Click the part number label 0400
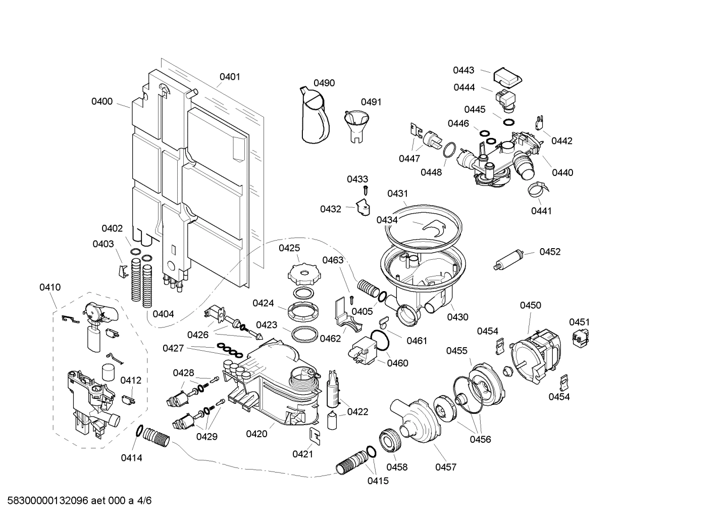pos(101,102)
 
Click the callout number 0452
pos(550,252)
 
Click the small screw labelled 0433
pos(367,191)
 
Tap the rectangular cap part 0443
pos(507,76)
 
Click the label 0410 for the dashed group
pos(50,288)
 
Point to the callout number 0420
pos(256,434)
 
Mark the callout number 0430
pos(457,317)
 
